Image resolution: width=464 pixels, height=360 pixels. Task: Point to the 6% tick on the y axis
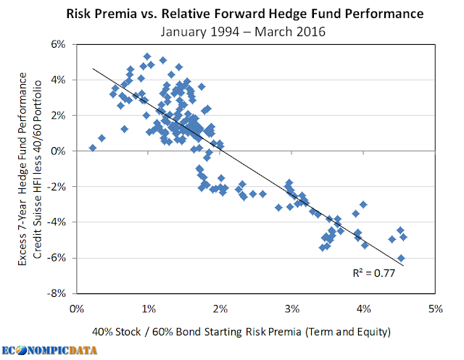click(58, 44)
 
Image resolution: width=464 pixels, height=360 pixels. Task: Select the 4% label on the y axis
click(58, 80)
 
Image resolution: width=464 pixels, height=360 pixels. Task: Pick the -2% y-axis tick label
click(57, 186)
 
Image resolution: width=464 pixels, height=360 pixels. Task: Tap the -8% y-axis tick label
click(57, 293)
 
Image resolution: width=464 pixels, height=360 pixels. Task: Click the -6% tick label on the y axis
click(57, 258)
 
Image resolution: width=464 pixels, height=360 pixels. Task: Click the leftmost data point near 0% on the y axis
click(92, 148)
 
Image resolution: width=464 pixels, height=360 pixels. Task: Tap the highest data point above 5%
click(147, 56)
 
